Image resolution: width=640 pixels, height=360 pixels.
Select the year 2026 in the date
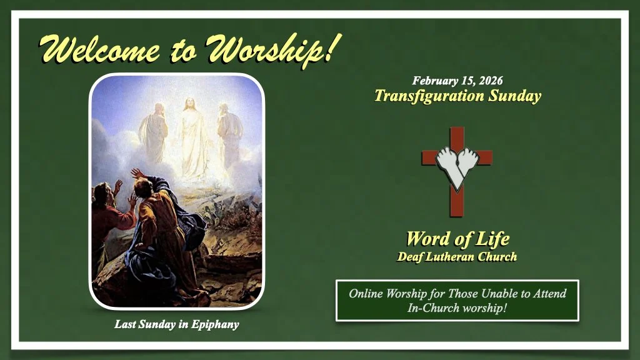pyautogui.click(x=489, y=81)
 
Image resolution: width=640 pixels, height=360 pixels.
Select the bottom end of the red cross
pyautogui.click(x=457, y=209)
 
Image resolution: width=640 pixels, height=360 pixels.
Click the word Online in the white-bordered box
pyautogui.click(x=367, y=293)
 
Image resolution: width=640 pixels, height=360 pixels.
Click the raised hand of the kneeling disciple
pyautogui.click(x=136, y=173)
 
